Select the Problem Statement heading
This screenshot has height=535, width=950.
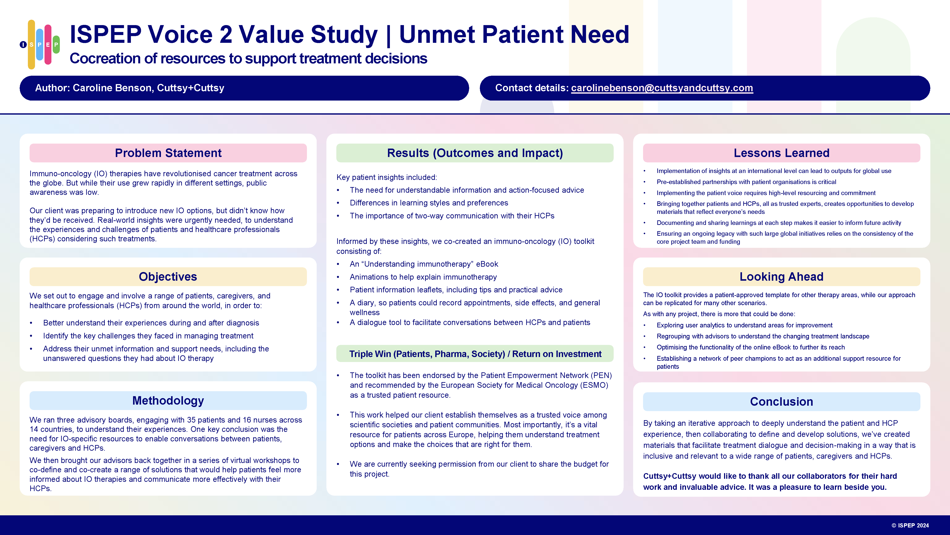click(168, 153)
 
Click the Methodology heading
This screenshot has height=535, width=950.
click(168, 401)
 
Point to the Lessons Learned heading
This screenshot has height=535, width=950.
click(782, 153)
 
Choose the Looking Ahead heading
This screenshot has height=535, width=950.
click(782, 277)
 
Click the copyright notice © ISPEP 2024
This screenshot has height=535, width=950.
click(910, 525)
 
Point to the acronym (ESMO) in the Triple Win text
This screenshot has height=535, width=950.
click(594, 385)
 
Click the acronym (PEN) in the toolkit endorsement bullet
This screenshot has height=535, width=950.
click(601, 375)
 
